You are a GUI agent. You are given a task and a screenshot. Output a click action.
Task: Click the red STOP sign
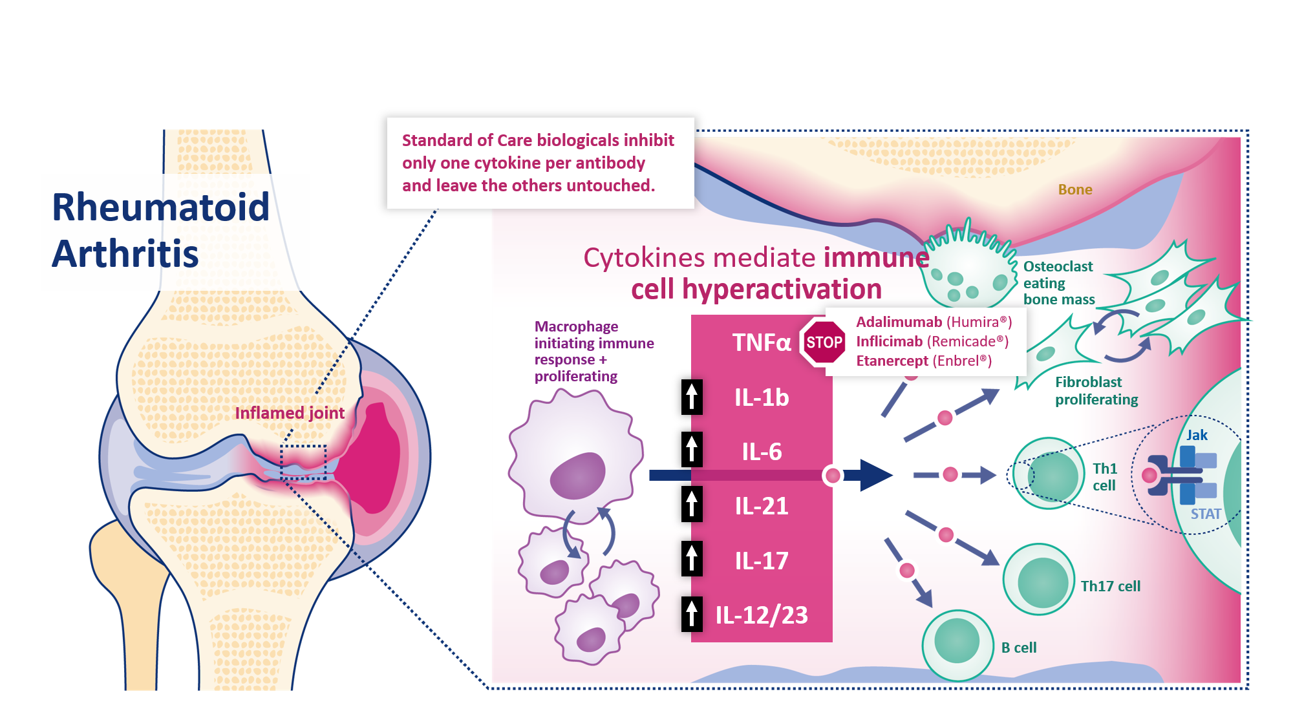(x=824, y=342)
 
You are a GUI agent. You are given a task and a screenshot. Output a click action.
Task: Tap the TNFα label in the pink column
(x=761, y=342)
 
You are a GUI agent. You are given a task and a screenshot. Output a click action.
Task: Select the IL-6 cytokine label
(x=762, y=452)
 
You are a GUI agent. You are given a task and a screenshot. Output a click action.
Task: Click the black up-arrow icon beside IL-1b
(x=692, y=397)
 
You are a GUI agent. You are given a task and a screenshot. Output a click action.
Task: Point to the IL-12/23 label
(x=762, y=615)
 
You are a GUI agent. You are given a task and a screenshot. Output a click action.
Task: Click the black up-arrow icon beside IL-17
(x=692, y=560)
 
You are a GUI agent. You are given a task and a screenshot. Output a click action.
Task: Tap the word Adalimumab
(x=899, y=322)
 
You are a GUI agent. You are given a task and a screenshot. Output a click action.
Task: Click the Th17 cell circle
(x=1040, y=580)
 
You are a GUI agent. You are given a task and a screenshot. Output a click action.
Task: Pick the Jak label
(x=1197, y=436)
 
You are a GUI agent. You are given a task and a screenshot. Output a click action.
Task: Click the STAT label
(x=1206, y=514)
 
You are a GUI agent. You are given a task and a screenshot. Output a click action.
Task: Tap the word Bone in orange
(x=1075, y=189)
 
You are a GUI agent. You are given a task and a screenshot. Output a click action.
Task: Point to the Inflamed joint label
(x=290, y=413)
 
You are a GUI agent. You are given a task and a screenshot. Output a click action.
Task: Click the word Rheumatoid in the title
(x=160, y=207)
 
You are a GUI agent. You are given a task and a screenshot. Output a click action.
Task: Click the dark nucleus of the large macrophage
(x=577, y=475)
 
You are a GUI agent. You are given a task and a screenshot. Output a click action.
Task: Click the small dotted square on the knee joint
(x=303, y=461)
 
